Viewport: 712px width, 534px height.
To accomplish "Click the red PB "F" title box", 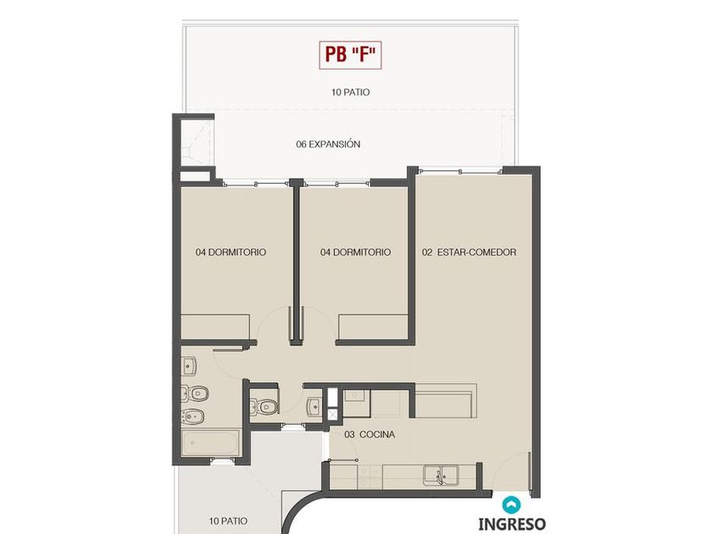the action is point(350,55).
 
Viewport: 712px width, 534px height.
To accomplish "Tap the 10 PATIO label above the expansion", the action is point(351,92).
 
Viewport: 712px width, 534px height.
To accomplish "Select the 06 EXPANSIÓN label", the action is point(328,144).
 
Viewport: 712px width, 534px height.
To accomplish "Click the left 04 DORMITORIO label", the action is point(231,252).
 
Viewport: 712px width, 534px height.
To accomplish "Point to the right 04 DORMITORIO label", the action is point(355,252).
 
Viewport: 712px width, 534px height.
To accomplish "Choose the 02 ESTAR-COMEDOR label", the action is point(469,252).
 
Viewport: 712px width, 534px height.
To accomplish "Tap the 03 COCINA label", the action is point(370,435).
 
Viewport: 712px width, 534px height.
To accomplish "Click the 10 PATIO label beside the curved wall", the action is point(228,520).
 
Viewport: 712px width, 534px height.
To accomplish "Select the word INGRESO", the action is point(512,524).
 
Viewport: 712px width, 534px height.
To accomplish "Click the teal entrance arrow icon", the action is point(511,504).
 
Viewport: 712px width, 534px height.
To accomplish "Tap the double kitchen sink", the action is point(441,476).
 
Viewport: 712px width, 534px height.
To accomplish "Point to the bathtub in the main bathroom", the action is point(210,443).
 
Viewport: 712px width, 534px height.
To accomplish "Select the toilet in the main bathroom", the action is point(194,393).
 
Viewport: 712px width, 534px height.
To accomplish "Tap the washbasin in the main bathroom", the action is point(189,366).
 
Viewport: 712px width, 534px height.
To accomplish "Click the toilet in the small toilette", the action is point(264,406).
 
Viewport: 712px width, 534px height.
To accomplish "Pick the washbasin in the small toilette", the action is point(314,407).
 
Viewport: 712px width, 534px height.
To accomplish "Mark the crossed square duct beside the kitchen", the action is point(333,414).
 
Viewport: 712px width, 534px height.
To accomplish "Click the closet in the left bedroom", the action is point(215,327).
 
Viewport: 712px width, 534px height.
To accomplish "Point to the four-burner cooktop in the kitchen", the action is point(370,476).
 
